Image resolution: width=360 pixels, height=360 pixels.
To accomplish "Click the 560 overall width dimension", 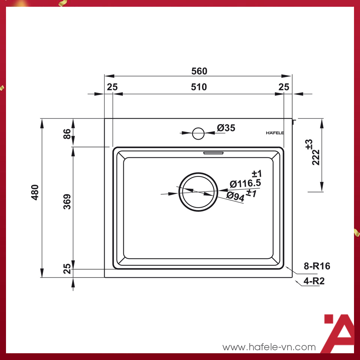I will coord(199,71).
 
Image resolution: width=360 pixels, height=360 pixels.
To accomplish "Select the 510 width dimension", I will coord(199,87).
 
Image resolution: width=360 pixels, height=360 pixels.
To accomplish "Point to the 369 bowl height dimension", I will coord(67,201).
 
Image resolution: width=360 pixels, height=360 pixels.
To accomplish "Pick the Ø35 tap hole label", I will coord(226,128).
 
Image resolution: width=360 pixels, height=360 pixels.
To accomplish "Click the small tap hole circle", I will coord(198,133).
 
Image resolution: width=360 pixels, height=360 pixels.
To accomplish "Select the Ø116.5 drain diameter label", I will coord(245,184).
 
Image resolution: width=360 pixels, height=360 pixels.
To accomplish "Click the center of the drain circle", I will coord(198,192).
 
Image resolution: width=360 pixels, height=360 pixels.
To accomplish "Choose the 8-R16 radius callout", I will coord(316,266).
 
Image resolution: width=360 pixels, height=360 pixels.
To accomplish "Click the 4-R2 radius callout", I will coord(314,281).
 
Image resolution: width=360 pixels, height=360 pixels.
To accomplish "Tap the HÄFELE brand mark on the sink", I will coord(274,133).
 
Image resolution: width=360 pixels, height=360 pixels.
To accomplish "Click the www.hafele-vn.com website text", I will coord(269,347).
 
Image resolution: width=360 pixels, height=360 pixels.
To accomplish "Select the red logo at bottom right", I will coord(338,333).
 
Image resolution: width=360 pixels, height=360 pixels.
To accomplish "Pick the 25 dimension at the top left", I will coord(112,87).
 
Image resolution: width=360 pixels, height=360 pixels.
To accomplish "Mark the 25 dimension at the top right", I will coord(284,87).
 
